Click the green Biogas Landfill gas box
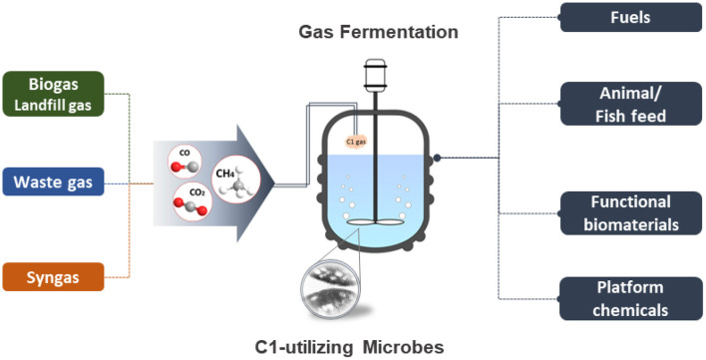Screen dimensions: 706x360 tap(54, 94)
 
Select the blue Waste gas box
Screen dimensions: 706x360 tap(54, 181)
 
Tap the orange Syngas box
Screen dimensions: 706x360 tap(54, 277)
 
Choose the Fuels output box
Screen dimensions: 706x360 tap(631, 18)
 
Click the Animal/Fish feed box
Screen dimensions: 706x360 tap(631, 104)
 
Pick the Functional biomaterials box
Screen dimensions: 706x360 tap(631, 212)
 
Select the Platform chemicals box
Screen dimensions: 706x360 tap(631, 298)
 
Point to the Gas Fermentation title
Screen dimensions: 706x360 tap(378, 32)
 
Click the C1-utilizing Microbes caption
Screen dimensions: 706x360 tap(349, 347)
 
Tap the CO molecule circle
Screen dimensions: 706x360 tap(184, 162)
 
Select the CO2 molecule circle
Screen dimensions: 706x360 tap(190, 201)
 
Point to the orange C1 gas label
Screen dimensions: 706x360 tap(355, 143)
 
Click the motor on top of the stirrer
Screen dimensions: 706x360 tap(375, 75)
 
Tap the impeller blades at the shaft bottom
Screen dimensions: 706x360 tap(375, 221)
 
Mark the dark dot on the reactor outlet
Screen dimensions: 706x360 tap(437, 158)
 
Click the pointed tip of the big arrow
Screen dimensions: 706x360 tap(274, 182)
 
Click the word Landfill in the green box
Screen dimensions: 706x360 tap(37, 106)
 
